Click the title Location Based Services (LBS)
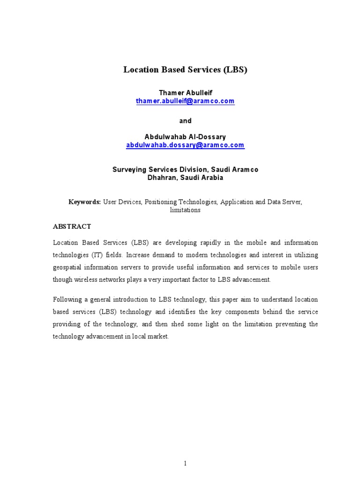click(x=185, y=70)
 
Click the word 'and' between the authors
click(x=185, y=121)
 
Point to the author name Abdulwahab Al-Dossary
click(x=185, y=137)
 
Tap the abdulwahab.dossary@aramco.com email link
click(x=185, y=145)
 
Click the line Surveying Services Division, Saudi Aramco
click(x=185, y=169)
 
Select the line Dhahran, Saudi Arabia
click(x=185, y=178)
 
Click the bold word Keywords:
click(x=84, y=202)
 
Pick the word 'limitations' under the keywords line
click(x=185, y=210)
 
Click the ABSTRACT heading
click(x=72, y=226)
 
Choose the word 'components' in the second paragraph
click(x=241, y=312)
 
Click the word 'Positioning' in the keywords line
click(x=161, y=202)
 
